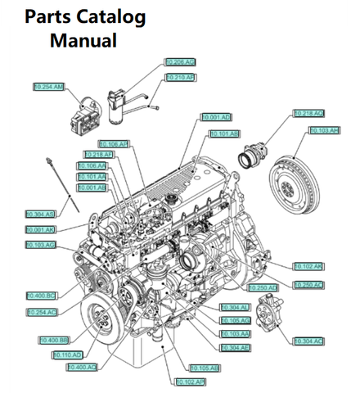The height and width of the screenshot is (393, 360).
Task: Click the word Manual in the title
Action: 83,39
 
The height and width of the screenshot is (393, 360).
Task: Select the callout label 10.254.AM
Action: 49,86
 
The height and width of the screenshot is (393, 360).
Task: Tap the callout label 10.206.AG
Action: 180,61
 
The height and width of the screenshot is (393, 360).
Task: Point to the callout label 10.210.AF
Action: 180,77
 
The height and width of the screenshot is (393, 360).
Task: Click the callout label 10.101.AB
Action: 224,133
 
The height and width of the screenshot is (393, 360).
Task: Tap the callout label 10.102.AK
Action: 308,266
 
